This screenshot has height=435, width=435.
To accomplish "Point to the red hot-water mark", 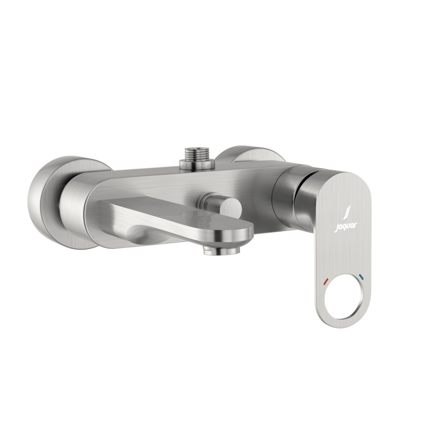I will pos(324,283).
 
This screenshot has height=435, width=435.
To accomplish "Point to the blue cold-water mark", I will pos(361,277).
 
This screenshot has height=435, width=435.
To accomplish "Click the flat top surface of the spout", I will pos(181,211).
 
